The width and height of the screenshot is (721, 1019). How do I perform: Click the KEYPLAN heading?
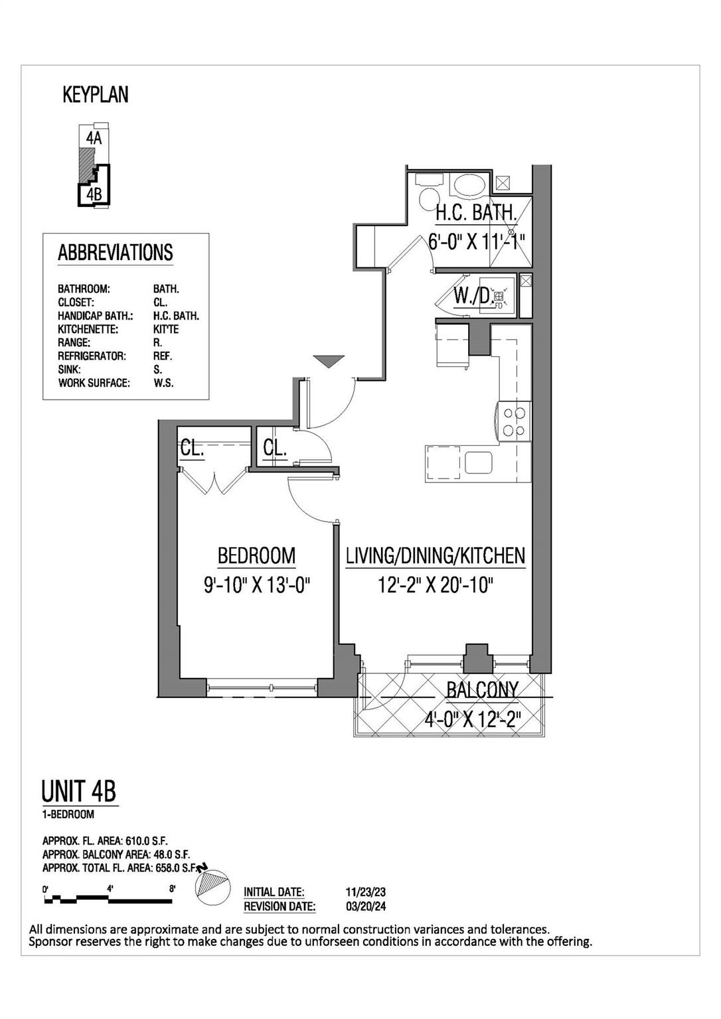(95, 95)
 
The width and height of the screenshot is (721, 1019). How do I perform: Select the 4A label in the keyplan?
(94, 138)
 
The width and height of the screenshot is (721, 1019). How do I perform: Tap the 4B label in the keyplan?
(94, 194)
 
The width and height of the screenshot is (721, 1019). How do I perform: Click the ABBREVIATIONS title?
(115, 253)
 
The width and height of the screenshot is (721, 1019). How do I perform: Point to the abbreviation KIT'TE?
(165, 329)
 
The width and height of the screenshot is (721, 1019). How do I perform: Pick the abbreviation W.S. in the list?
(163, 383)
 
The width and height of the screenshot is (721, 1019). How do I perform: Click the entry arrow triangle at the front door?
(329, 361)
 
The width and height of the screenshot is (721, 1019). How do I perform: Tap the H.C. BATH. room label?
(476, 213)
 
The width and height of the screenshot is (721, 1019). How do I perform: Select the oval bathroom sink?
(469, 184)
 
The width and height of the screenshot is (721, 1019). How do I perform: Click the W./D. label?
(473, 296)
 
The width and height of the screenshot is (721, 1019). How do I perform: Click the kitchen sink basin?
(478, 462)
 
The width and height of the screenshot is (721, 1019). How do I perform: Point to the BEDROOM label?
(256, 555)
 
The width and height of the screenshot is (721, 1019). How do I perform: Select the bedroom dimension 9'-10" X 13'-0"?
(257, 585)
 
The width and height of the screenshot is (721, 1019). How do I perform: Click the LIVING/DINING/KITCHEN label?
(435, 556)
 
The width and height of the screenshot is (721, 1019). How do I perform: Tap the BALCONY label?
(482, 690)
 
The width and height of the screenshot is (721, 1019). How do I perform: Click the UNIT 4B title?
(79, 791)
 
